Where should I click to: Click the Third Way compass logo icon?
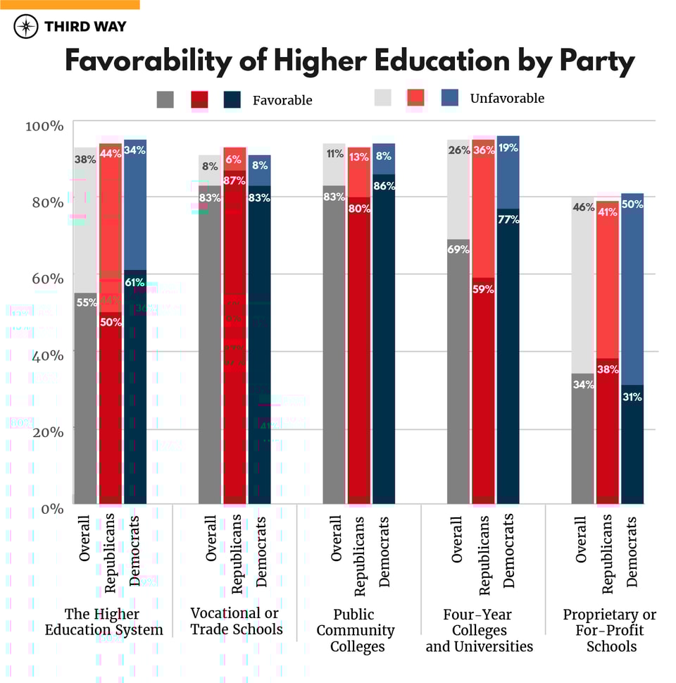[26, 26]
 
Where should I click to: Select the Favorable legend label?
[282, 100]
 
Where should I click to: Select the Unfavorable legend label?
[507, 98]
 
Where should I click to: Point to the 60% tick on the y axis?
[45, 277]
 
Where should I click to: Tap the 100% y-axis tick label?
[44, 125]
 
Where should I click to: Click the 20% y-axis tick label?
[45, 431]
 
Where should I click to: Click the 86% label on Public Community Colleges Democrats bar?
[384, 186]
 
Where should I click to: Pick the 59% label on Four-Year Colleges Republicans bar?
[483, 288]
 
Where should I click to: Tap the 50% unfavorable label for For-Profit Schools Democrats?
[632, 204]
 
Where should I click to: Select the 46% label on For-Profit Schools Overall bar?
[582, 207]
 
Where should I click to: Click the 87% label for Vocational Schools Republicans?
[234, 180]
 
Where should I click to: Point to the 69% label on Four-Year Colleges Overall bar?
[459, 249]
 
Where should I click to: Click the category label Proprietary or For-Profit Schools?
[609, 630]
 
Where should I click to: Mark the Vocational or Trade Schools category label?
[235, 621]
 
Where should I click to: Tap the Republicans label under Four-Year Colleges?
[483, 553]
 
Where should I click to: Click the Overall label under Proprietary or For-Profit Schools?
[581, 539]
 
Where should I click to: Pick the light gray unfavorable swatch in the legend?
[384, 99]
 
